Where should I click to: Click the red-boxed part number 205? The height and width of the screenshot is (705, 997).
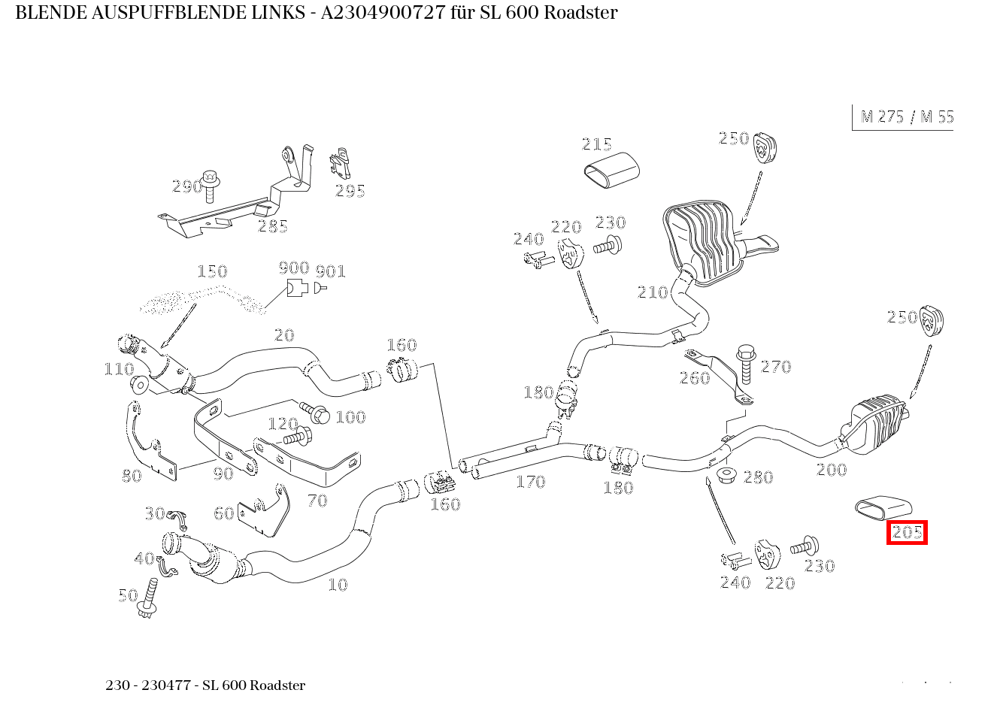tap(906, 532)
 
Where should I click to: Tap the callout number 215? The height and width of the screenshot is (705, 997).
tap(596, 144)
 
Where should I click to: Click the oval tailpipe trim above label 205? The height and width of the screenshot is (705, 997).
tap(883, 508)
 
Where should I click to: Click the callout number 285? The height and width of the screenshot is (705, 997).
tap(272, 226)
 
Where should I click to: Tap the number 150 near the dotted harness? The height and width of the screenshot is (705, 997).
tap(211, 271)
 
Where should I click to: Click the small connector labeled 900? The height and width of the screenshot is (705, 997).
tap(296, 287)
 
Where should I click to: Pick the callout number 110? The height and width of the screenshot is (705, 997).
tap(119, 368)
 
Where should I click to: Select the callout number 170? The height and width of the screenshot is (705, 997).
tap(530, 482)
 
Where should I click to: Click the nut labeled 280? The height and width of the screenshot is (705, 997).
tap(726, 476)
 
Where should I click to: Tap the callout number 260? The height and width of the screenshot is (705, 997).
tap(694, 378)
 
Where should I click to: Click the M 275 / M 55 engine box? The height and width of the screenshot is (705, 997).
tap(905, 116)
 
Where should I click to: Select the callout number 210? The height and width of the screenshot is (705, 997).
tap(652, 292)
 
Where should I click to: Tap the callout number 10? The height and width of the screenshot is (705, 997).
tap(338, 584)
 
